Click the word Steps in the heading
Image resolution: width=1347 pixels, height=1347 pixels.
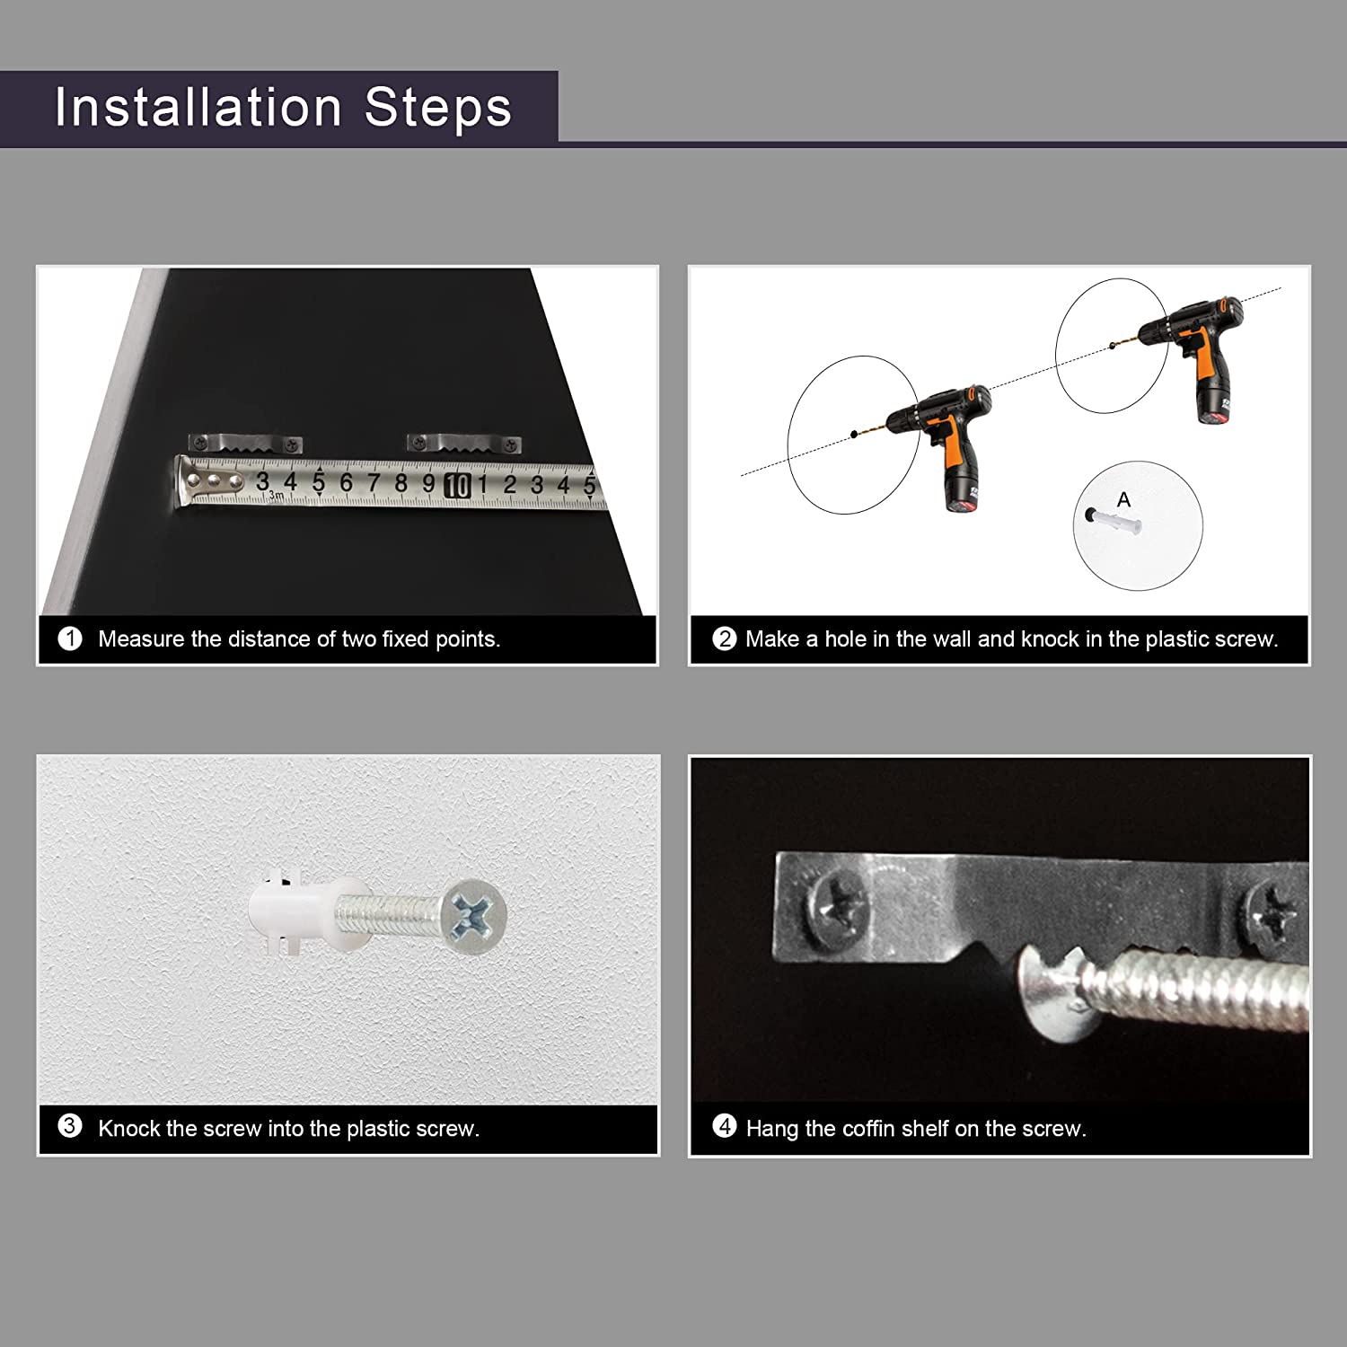[x=438, y=107]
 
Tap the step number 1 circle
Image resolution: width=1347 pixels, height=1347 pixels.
[x=70, y=638]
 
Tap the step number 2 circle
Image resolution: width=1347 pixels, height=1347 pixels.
[x=724, y=638]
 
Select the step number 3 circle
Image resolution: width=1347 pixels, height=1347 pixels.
[x=70, y=1126]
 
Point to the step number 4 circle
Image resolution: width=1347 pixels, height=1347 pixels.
[x=724, y=1126]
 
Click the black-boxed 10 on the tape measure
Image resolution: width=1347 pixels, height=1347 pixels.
[x=457, y=485]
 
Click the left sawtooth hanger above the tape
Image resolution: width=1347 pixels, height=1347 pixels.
[x=245, y=444]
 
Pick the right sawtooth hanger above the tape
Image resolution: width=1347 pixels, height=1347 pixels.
[x=464, y=443]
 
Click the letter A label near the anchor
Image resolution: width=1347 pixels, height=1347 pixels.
[x=1123, y=499]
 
